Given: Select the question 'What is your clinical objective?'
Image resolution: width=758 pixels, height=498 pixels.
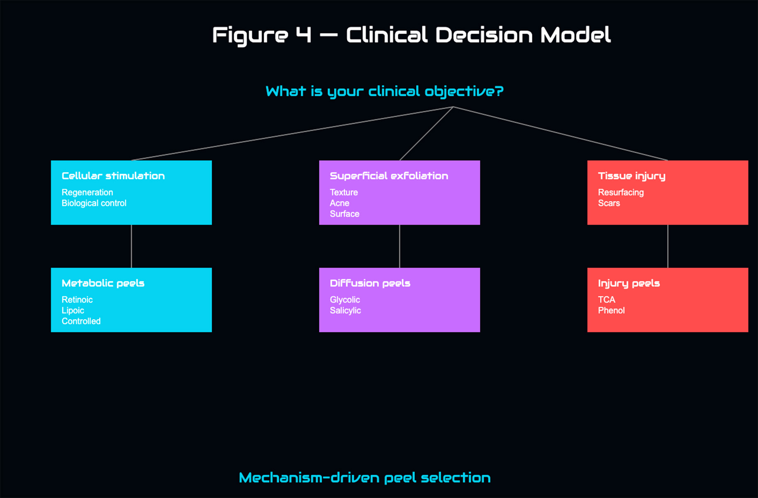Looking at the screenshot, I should click(384, 91).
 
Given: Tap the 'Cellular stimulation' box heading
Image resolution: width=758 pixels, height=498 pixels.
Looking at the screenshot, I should click(113, 176).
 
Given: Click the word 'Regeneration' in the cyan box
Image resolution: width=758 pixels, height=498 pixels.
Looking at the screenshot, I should click(87, 193).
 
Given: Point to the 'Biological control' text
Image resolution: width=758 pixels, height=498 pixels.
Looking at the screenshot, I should click(94, 203).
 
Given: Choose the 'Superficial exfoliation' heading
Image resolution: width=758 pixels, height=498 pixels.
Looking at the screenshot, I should click(389, 176).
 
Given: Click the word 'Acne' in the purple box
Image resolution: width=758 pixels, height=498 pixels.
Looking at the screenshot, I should click(339, 203).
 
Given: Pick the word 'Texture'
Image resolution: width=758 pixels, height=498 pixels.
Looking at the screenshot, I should click(344, 193).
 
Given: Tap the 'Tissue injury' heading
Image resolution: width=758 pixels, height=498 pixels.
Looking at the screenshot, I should click(631, 176).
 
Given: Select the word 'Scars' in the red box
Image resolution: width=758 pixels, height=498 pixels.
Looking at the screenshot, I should click(609, 203).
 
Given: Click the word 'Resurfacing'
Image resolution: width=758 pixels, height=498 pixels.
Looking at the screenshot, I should click(621, 193).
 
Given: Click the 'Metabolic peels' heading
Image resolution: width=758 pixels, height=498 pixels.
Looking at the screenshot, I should click(103, 283).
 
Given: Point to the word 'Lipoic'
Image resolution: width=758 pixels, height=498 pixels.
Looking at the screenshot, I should click(73, 310).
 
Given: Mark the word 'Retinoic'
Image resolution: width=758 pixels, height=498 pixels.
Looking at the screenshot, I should click(77, 300).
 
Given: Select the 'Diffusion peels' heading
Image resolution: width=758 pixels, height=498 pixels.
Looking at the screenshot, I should click(370, 283).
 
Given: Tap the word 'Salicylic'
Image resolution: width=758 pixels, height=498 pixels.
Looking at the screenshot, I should click(345, 310).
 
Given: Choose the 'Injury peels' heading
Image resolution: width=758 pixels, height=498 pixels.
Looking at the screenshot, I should click(629, 283).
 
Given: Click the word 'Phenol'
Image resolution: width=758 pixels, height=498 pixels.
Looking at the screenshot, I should click(611, 310).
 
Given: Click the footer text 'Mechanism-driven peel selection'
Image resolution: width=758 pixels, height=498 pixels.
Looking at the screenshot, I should click(365, 478).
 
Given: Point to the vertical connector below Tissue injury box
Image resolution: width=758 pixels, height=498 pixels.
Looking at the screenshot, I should click(668, 246).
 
